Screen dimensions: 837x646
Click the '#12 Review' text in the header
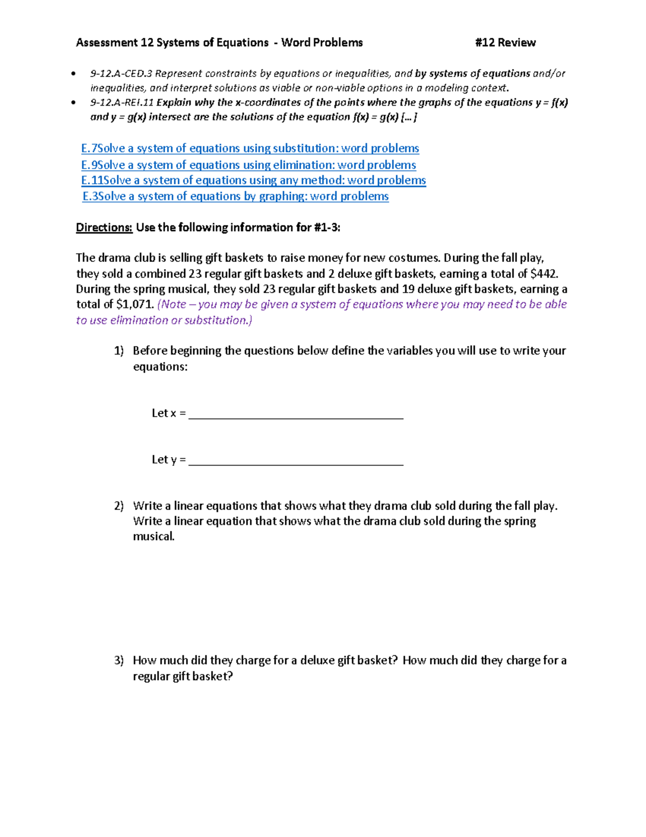505,43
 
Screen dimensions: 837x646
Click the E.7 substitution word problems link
250,148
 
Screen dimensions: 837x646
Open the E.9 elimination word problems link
248,165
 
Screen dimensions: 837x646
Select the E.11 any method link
253,180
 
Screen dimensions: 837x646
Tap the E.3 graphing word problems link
235,196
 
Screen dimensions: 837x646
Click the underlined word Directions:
104,227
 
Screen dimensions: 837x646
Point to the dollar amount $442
543,274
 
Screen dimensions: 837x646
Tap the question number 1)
119,351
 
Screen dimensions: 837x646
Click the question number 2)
119,506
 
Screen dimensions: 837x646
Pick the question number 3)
119,661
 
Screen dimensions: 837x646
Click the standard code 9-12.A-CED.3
121,74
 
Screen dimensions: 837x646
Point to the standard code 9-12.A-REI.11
122,102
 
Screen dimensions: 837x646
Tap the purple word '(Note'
172,305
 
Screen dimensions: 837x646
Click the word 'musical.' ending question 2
154,537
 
